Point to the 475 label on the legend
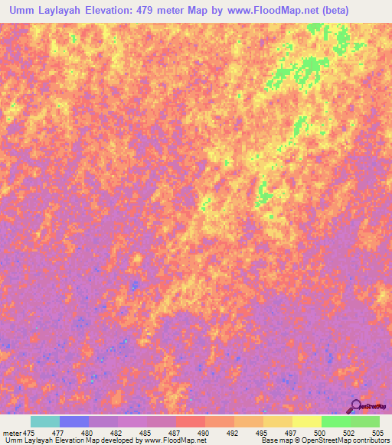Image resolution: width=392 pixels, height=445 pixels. click(x=30, y=432)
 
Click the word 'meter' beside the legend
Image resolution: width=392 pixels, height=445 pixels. click(x=11, y=432)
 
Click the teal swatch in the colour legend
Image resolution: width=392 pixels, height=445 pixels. click(x=44, y=421)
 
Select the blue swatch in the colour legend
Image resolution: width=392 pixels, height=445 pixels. click(x=73, y=421)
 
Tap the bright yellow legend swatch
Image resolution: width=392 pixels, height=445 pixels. click(x=306, y=421)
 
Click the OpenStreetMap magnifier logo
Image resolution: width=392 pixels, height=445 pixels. click(x=356, y=406)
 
